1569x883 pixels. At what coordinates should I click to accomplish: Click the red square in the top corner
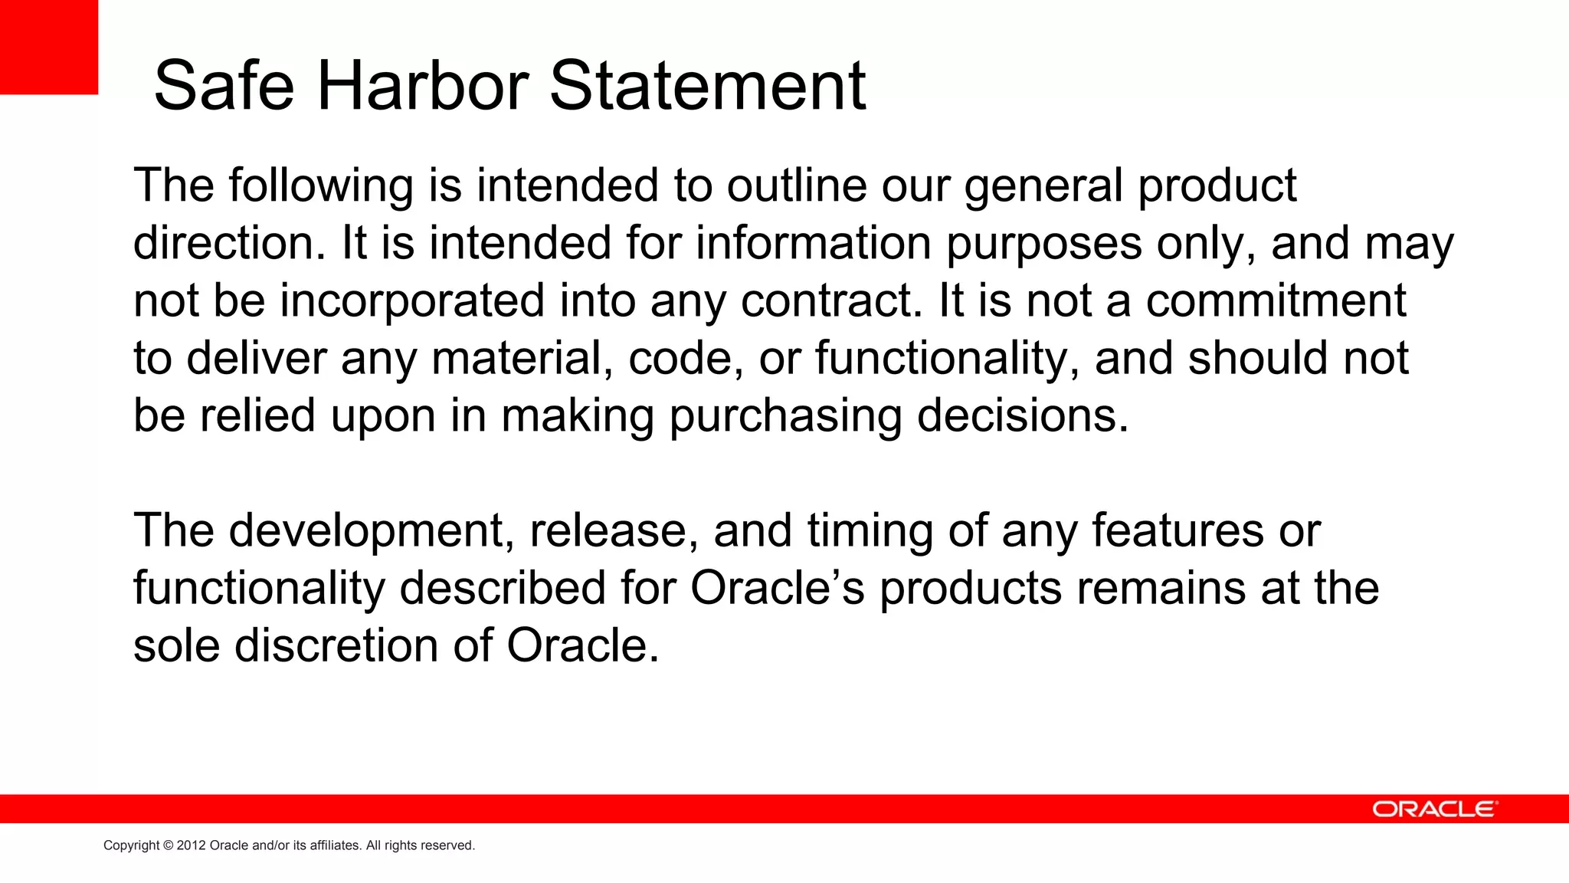[48, 47]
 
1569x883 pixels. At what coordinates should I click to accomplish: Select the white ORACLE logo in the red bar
[1433, 809]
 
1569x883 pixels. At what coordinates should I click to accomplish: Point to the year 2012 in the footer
[192, 845]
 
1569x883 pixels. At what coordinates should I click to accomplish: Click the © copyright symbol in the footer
[169, 845]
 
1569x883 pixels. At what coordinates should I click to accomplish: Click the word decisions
[1023, 415]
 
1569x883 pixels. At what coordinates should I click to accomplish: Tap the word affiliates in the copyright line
[334, 845]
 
